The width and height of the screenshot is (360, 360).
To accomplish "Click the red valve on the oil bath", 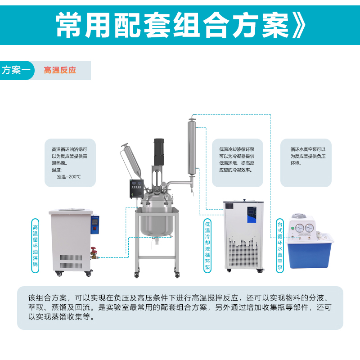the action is coord(94,250).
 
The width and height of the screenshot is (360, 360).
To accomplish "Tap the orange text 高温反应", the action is coord(60,70).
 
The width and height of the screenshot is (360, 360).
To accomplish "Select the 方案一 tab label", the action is coord(16,70).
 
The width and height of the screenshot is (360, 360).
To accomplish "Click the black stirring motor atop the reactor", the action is coord(159,152).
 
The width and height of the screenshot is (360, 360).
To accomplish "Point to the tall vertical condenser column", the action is coord(192,147).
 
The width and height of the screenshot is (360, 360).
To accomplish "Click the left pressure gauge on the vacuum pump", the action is coord(299,228).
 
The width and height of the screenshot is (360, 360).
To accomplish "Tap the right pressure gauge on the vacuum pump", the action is coord(309,228).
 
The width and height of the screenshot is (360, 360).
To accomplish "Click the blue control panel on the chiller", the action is coord(252,215).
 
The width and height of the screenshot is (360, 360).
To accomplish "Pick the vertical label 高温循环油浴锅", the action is coord(35,246).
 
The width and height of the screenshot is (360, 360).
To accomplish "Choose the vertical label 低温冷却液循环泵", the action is coord(207,246).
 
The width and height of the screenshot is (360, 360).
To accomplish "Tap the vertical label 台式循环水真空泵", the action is coord(280,246).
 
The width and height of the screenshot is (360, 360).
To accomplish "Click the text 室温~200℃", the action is coord(69,177).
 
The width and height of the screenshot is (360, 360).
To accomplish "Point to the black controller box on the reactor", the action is coord(137,189).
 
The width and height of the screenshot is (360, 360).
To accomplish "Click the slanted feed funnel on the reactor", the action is coord(132,161).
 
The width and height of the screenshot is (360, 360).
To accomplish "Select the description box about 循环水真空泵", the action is coord(306,163).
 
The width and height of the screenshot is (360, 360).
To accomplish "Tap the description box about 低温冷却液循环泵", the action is coord(238,163).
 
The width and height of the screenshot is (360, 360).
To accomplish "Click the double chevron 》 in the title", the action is coord(299,25).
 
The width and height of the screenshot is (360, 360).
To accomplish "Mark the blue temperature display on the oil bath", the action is coord(95,224).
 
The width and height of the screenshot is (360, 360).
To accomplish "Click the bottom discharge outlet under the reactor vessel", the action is coord(157,241).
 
